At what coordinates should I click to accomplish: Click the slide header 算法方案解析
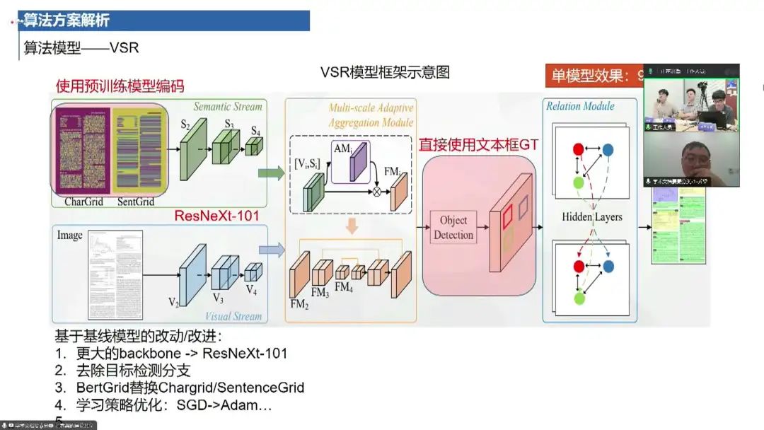(x=66, y=21)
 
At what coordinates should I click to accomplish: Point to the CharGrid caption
(x=83, y=202)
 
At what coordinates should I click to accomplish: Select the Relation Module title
(x=580, y=106)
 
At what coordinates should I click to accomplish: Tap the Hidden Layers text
(x=592, y=216)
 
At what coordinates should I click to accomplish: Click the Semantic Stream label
(x=228, y=107)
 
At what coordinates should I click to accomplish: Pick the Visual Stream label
(x=233, y=316)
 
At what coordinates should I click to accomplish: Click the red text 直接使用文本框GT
(x=478, y=145)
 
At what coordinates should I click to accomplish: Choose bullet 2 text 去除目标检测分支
(x=134, y=370)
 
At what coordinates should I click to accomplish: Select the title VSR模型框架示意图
(x=385, y=72)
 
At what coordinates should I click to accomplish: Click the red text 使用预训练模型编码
(x=120, y=86)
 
